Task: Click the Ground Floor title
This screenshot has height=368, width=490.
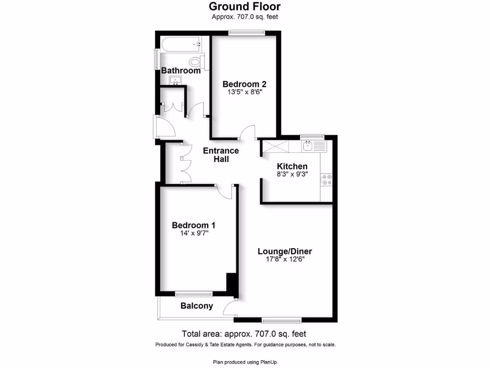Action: pyautogui.click(x=245, y=7)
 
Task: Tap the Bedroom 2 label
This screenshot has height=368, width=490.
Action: pyautogui.click(x=244, y=84)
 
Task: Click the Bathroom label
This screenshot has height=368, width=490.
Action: pyautogui.click(x=180, y=70)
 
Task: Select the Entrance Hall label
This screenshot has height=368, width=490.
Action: pyautogui.click(x=221, y=155)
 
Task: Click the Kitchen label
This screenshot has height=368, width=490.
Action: pyautogui.click(x=292, y=166)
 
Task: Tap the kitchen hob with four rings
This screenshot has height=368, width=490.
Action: pyautogui.click(x=327, y=179)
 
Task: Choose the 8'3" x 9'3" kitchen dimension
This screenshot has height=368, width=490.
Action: pyautogui.click(x=292, y=174)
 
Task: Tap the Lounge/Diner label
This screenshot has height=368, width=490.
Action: pyautogui.click(x=285, y=251)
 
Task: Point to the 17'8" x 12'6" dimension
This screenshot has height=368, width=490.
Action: pyautogui.click(x=285, y=259)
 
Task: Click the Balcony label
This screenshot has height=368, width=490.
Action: pyautogui.click(x=196, y=306)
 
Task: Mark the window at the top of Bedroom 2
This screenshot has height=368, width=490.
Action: pyautogui.click(x=246, y=33)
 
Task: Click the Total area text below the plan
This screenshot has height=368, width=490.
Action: pyautogui.click(x=244, y=333)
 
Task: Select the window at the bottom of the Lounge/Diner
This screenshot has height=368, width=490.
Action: pyautogui.click(x=281, y=319)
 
